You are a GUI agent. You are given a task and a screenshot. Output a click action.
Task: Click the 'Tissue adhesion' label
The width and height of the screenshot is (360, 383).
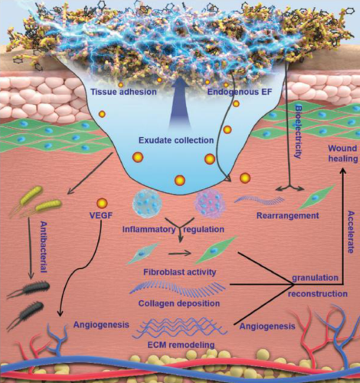123,92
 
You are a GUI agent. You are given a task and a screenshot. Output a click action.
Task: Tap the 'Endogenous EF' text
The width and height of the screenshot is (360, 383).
239,92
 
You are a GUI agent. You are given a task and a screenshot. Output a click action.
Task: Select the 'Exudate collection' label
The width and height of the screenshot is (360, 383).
176,140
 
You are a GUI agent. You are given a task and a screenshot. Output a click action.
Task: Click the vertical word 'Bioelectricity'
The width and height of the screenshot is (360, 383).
298,131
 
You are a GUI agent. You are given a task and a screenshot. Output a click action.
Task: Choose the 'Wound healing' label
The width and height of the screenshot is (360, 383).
342,153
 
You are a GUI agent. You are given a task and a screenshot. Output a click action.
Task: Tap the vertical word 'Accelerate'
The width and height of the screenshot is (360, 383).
352,232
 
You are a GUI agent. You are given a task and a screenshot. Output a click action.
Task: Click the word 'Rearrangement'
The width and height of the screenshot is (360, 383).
288,215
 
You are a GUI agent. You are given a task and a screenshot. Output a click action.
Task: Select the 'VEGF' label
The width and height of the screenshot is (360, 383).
101,215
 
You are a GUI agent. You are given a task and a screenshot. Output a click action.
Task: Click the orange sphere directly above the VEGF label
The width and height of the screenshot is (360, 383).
102,204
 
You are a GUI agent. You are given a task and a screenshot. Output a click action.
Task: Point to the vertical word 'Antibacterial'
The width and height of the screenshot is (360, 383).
44,247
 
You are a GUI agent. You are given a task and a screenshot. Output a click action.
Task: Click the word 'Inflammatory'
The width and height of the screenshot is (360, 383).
149,229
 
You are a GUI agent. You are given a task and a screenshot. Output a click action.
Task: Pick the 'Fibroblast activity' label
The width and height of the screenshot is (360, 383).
180,272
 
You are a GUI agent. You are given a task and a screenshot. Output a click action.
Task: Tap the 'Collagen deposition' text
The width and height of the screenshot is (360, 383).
179,303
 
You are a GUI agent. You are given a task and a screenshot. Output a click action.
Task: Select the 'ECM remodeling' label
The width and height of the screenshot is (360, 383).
182,345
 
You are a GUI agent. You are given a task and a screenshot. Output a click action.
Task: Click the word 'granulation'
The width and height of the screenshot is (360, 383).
316,278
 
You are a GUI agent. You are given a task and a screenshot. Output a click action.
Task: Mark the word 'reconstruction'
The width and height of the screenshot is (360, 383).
318,293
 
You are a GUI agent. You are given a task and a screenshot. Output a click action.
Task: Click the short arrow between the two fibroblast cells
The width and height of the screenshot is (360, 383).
180,254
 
